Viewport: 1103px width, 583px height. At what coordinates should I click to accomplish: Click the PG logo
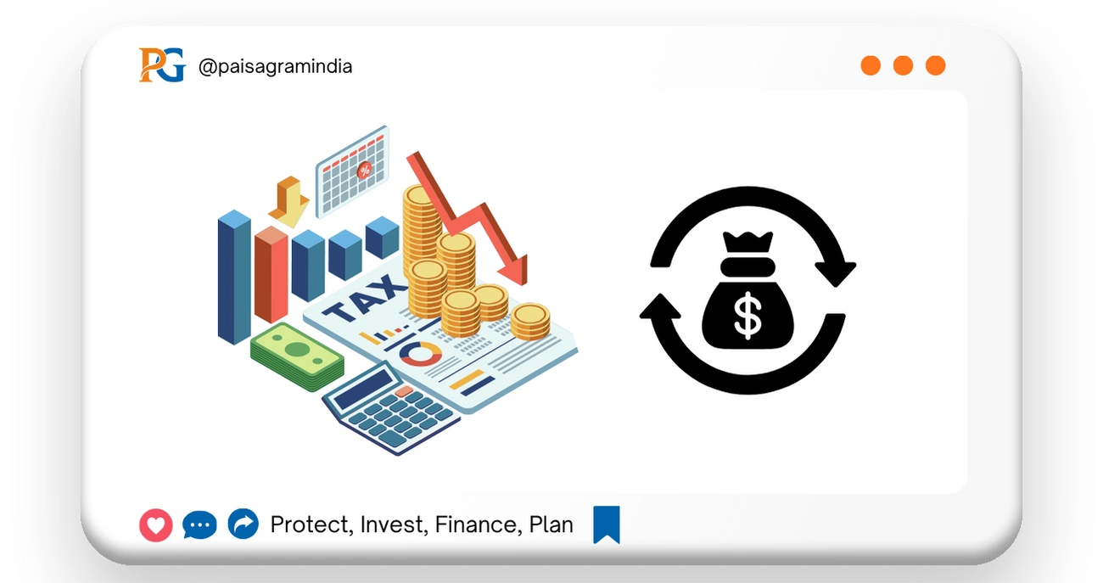point(161,65)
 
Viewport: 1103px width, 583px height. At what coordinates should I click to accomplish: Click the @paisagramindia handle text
point(275,66)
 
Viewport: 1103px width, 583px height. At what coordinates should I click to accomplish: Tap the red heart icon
point(156,525)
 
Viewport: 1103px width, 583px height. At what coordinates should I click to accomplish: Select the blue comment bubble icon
point(199,525)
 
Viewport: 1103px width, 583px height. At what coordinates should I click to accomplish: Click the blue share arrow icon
point(244,524)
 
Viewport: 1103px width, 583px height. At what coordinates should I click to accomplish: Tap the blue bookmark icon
point(607,524)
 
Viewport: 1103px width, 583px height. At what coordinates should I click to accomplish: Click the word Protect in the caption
point(311,525)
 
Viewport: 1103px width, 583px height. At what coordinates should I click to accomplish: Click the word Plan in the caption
point(551,524)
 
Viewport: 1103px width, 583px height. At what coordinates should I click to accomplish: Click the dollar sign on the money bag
point(747,315)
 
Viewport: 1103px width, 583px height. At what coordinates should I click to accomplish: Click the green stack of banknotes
point(297,357)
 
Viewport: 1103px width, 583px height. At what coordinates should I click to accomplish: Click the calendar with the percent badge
point(352,172)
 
